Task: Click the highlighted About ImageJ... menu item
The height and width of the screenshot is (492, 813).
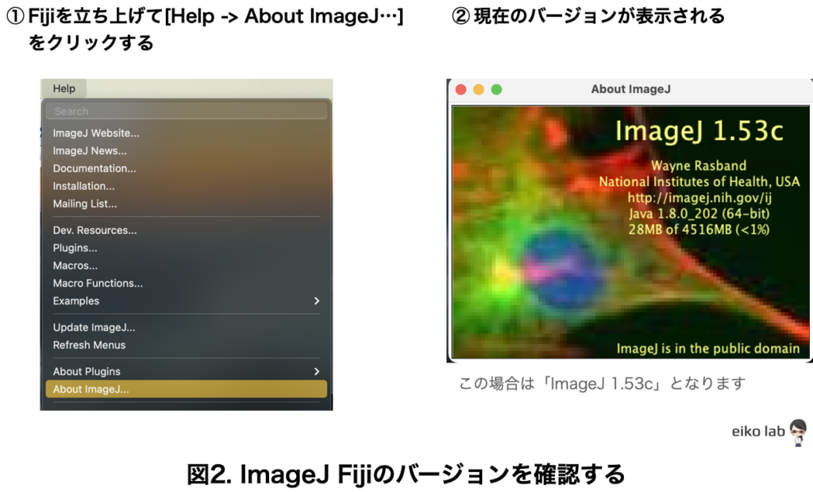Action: [186, 389]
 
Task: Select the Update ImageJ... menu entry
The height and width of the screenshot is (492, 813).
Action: [94, 327]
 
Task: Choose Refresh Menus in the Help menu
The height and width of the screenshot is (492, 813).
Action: [89, 345]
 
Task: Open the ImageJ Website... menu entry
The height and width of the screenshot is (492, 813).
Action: [96, 133]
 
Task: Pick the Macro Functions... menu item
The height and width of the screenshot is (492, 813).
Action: [98, 284]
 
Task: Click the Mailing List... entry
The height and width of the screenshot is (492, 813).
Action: [85, 204]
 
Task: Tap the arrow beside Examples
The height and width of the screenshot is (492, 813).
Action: [317, 301]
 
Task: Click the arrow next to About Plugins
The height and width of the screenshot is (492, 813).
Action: [317, 372]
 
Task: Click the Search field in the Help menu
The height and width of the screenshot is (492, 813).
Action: [186, 111]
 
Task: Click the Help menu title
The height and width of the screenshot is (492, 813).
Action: [64, 89]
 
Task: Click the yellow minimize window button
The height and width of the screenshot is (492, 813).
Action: [479, 89]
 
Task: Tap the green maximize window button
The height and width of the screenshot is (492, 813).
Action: [496, 89]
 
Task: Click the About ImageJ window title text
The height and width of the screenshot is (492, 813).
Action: [630, 89]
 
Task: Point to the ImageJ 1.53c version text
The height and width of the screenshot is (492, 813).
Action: [699, 131]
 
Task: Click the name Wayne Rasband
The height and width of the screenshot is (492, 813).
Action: [699, 165]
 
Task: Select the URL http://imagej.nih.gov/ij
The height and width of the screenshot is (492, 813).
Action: [699, 198]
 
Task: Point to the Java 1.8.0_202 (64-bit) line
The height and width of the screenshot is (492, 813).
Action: [699, 213]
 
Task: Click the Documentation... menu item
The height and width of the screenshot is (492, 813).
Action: [94, 169]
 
